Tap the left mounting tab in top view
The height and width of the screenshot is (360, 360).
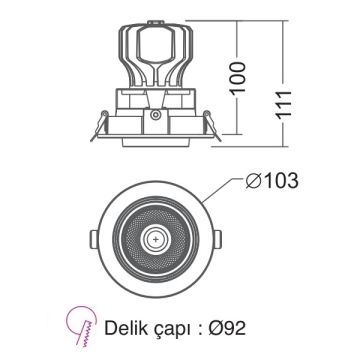click(x=92, y=240)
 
